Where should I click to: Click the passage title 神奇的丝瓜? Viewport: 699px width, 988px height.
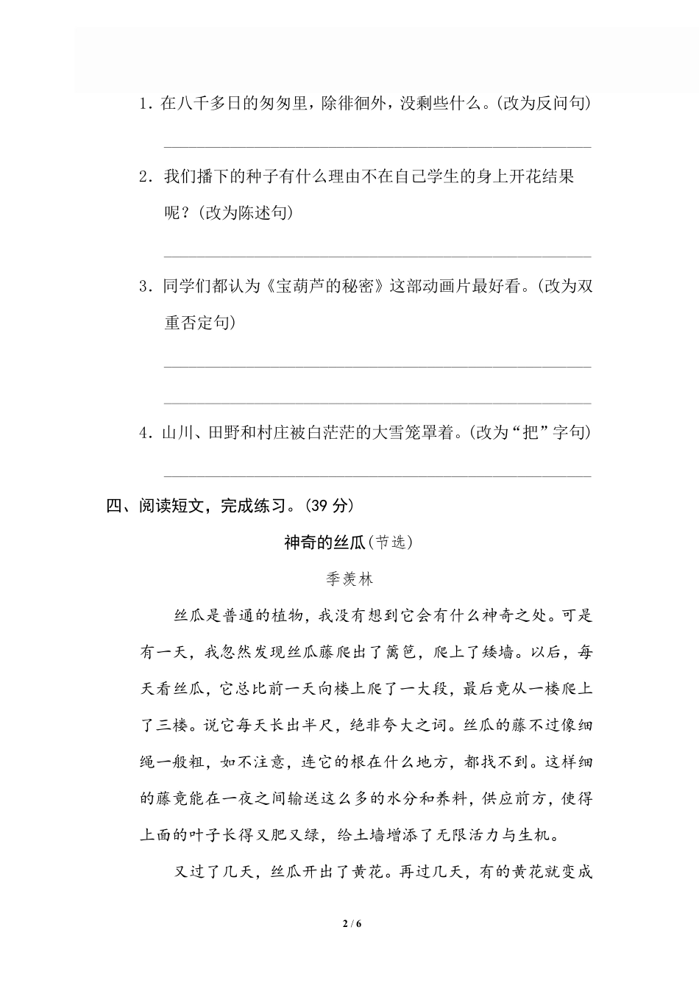pos(324,543)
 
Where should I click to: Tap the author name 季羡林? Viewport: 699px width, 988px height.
pos(349,579)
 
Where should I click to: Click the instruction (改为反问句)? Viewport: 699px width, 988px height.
pos(542,103)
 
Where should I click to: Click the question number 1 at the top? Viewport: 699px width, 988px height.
pos(144,104)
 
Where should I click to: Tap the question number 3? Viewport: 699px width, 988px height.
pos(144,287)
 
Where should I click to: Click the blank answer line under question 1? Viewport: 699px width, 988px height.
pos(377,146)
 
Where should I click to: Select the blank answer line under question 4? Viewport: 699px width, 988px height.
pos(377,476)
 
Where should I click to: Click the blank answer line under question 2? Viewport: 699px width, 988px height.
pos(377,257)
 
